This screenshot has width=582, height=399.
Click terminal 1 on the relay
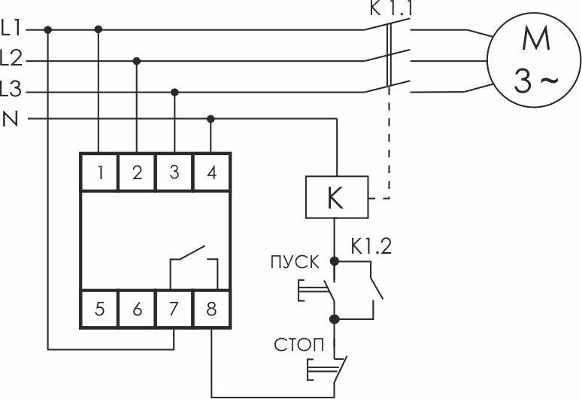99,172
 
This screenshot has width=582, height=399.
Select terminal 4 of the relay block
211,172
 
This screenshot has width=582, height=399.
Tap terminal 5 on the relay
99,309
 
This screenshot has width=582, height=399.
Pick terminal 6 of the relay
137,309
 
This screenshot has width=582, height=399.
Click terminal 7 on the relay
174,309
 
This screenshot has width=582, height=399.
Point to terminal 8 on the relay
211,309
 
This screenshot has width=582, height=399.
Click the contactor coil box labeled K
337,197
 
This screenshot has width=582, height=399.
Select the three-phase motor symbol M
534,59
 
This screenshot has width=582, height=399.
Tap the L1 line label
11,29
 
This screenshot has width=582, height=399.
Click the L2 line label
11,58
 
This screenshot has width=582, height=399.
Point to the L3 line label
11,90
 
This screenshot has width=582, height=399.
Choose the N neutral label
11,119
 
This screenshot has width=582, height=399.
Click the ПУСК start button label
295,262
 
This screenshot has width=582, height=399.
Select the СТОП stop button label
299,345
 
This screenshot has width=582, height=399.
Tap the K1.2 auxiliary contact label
371,246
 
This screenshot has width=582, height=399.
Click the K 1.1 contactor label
391,8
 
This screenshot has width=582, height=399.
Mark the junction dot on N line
211,119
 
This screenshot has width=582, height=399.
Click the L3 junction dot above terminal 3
174,92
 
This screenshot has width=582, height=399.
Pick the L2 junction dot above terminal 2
137,61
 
